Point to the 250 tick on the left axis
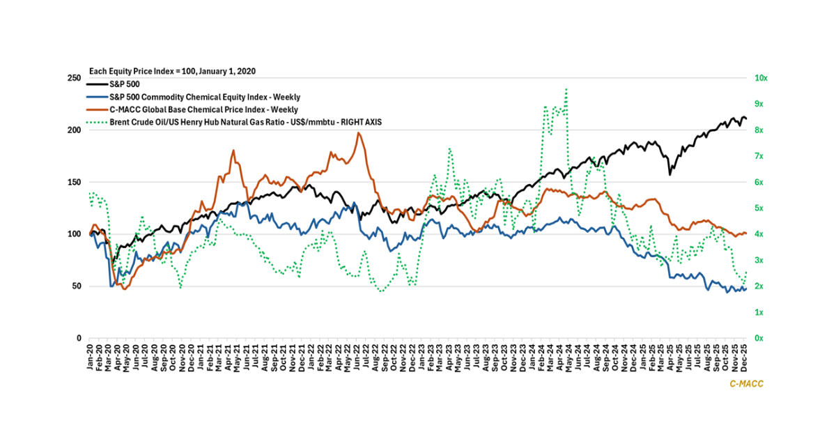coord(73,78)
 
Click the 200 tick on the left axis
coord(73,130)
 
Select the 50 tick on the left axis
coord(75,286)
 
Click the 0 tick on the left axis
coord(78,338)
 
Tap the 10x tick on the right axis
coord(761,78)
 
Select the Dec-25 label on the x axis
coord(745,357)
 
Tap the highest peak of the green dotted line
coord(566,89)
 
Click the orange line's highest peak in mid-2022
coord(358,132)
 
